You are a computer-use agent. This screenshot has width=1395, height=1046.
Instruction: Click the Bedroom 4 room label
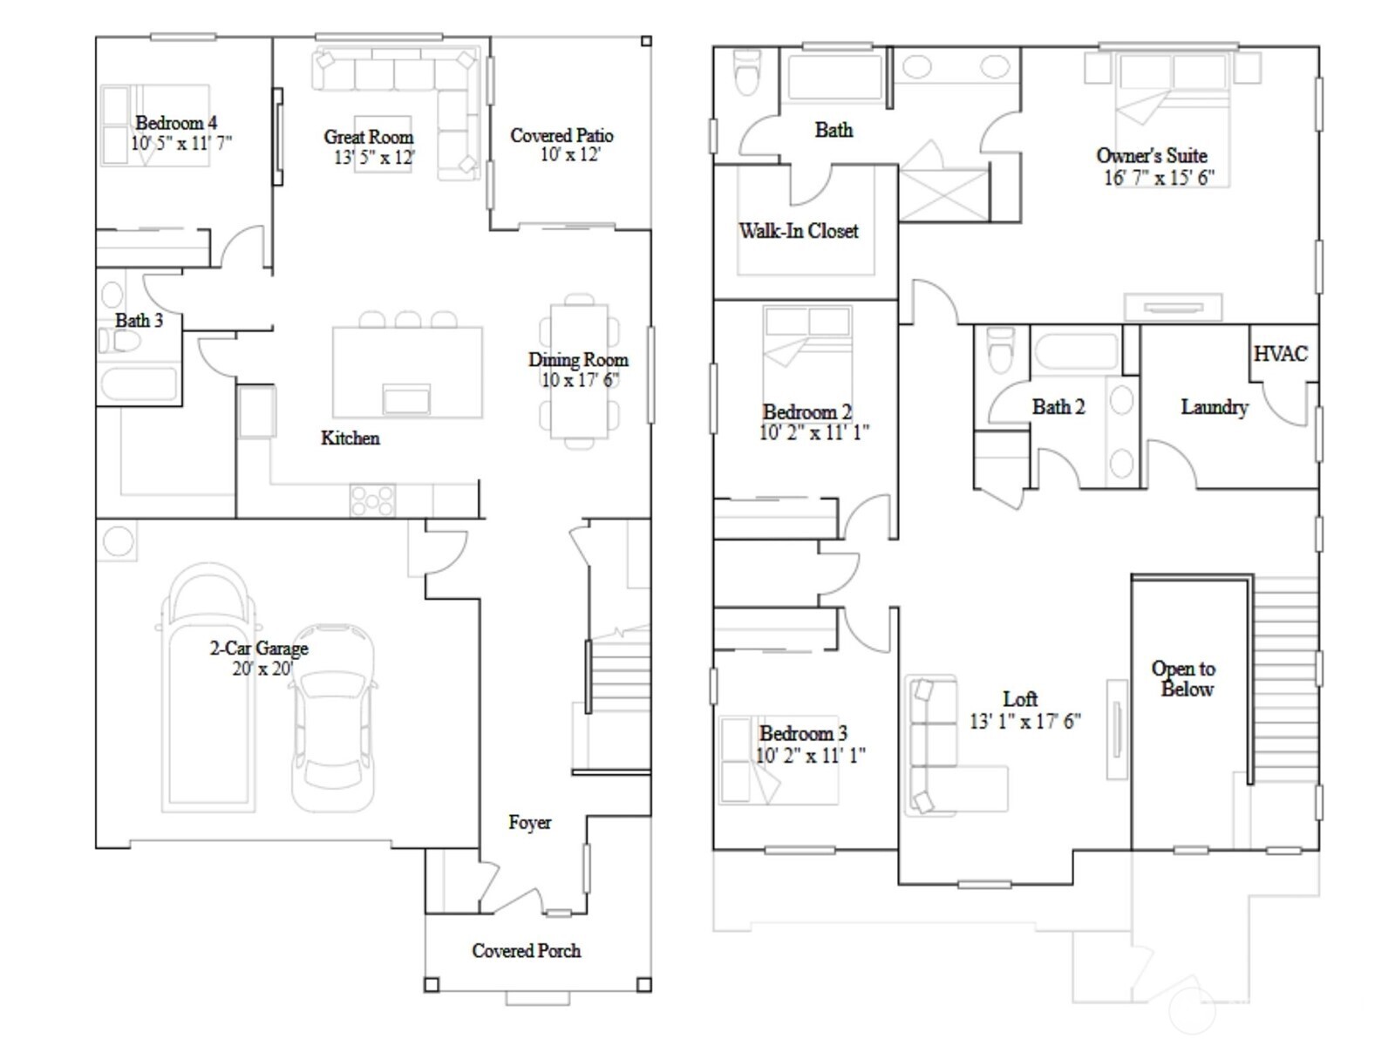tap(175, 123)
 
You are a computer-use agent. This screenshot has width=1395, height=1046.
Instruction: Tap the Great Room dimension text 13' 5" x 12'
tap(373, 157)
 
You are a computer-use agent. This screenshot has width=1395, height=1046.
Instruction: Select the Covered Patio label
tap(561, 136)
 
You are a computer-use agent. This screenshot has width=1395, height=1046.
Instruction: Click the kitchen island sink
tap(406, 400)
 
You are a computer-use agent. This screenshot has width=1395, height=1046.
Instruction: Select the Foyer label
tap(529, 822)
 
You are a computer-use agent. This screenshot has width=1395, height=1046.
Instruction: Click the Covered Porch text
tap(526, 951)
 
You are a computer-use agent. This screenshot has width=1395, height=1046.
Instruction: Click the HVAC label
tap(1280, 354)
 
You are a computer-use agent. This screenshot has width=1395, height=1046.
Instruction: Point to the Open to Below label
tap(1183, 678)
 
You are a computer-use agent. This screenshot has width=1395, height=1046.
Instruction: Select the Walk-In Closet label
tap(798, 231)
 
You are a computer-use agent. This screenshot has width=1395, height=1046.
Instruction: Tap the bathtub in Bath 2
tap(1075, 353)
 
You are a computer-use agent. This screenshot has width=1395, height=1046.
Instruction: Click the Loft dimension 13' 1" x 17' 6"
tap(1024, 721)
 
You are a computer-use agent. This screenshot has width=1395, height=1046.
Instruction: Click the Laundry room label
tap(1214, 407)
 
